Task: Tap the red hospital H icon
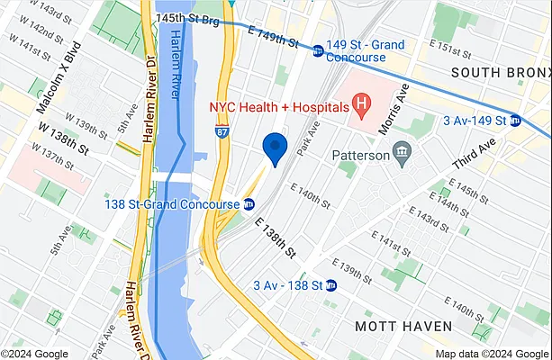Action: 361,106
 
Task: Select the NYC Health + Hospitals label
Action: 277,106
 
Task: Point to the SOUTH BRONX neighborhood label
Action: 499,72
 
